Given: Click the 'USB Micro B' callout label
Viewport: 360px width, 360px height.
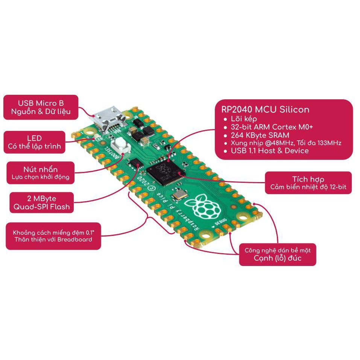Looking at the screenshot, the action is click(41, 107).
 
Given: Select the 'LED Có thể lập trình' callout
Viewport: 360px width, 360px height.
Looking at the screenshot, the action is click(35, 142).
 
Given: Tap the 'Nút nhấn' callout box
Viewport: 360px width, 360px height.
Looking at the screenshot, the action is click(41, 173).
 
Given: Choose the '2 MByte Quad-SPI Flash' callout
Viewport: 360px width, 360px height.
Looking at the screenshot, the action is click(41, 202).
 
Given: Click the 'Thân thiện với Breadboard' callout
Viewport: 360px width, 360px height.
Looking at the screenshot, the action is click(53, 236).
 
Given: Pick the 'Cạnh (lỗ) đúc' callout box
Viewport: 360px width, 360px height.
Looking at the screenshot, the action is click(278, 254).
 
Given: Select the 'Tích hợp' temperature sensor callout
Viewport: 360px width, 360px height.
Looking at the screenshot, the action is click(308, 183).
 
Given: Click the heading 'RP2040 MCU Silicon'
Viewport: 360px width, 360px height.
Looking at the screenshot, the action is click(265, 109).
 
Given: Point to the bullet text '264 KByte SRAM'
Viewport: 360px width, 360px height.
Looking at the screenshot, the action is click(260, 135).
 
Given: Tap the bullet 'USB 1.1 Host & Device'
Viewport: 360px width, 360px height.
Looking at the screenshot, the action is click(270, 150).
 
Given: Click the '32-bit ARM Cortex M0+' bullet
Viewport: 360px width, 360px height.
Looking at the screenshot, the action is click(272, 127).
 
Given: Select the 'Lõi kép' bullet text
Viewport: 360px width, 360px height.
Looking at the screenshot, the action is click(244, 119).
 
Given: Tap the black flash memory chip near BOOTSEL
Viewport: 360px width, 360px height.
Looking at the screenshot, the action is click(136, 163).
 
